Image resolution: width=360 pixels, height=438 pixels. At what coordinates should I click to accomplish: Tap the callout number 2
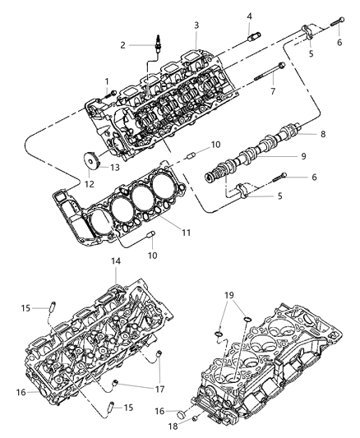tap(122, 45)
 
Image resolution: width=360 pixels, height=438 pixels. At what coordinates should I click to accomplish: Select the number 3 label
tap(196, 25)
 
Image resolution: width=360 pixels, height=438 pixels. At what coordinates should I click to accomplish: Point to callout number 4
tap(249, 16)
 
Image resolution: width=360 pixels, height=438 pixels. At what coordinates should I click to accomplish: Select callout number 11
tap(187, 233)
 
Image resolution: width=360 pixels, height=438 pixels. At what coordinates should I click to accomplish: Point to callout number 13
tap(115, 167)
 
